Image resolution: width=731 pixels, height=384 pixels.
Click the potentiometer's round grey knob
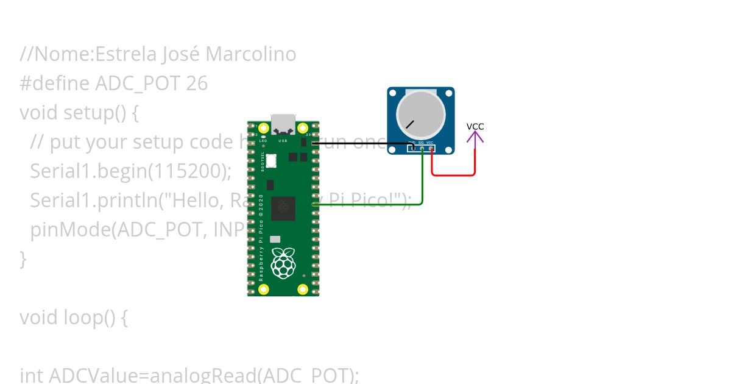tap(420, 115)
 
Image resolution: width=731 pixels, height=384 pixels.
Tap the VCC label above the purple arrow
tap(475, 126)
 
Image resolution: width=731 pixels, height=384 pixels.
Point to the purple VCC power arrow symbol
tap(475, 138)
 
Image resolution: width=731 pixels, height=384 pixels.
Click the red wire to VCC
tap(454, 176)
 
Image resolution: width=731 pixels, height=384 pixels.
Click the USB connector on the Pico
tap(283, 125)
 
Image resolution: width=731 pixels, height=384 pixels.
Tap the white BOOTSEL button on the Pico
tap(271, 161)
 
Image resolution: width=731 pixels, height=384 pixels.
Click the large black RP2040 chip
tap(283, 208)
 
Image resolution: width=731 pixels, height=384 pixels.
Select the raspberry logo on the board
tap(283, 263)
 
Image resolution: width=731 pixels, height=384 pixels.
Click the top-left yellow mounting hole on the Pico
tap(264, 128)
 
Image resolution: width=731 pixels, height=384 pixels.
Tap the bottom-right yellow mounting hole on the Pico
tap(302, 289)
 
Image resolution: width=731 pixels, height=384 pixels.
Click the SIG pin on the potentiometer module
tap(422, 148)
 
